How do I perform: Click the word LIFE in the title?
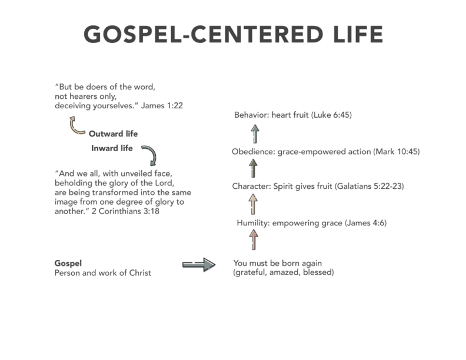click(x=358, y=34)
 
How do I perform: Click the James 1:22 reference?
click(x=162, y=106)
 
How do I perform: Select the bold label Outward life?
click(x=113, y=134)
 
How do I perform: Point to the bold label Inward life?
click(x=112, y=148)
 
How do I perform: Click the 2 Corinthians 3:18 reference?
click(x=125, y=211)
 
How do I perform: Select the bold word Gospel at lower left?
click(x=68, y=264)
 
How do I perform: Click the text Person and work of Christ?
click(x=103, y=273)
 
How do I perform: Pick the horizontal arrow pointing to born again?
click(x=199, y=264)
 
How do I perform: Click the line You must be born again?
click(x=278, y=263)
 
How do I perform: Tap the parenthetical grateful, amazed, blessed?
click(x=284, y=272)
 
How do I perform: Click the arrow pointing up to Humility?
click(x=254, y=239)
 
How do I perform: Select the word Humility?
click(x=253, y=223)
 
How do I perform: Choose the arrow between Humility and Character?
click(x=253, y=204)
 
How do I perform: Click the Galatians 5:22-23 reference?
click(x=370, y=186)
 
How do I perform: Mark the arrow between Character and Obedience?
click(x=253, y=168)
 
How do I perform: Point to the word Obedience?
click(x=253, y=152)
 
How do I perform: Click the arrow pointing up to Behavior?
click(x=255, y=134)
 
